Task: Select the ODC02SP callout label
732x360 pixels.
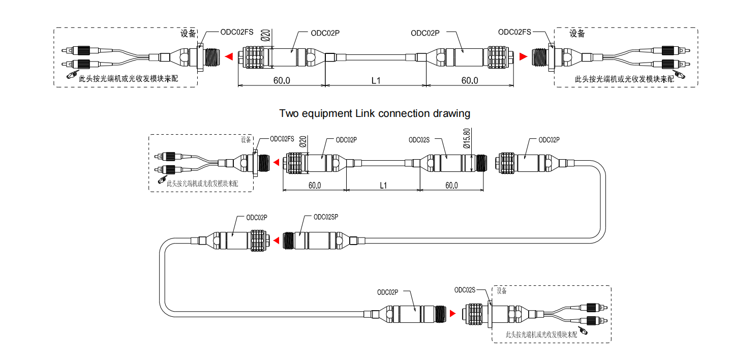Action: (326, 217)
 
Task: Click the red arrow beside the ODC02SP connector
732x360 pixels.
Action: (276, 240)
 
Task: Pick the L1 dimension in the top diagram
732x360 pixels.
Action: (376, 80)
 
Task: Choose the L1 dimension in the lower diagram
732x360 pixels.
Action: (383, 186)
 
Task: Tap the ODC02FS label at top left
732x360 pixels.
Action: (236, 32)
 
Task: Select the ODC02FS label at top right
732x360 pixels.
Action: (514, 32)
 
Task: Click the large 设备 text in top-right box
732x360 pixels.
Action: (577, 34)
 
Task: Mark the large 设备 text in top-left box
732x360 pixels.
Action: (189, 34)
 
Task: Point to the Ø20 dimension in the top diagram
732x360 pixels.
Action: (265, 36)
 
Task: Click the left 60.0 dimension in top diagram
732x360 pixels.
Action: (282, 80)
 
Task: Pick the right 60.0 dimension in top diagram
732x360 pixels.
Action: (469, 80)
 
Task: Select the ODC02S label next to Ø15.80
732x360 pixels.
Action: (419, 140)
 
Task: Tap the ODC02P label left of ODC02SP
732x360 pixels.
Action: (257, 217)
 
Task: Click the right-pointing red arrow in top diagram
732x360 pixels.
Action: (524, 56)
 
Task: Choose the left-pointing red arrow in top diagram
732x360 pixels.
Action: (229, 56)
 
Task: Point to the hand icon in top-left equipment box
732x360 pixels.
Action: (70, 75)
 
